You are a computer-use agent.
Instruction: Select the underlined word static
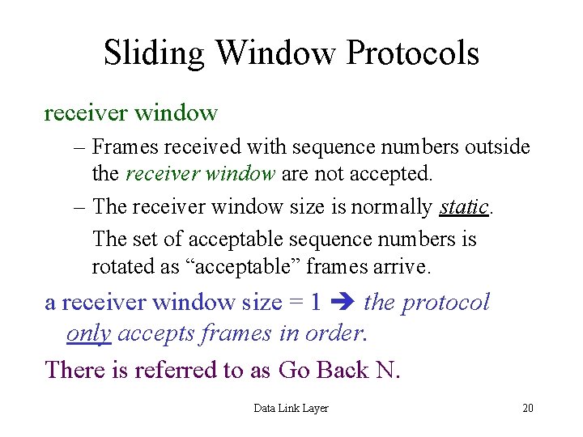point(464,206)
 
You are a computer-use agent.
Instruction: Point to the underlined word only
point(88,333)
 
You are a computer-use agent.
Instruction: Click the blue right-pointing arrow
point(343,303)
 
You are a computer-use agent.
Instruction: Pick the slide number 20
point(527,408)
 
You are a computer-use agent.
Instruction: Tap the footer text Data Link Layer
point(291,408)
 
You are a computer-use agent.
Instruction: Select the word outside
point(499,147)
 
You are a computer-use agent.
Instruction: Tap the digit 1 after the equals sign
point(316,303)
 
